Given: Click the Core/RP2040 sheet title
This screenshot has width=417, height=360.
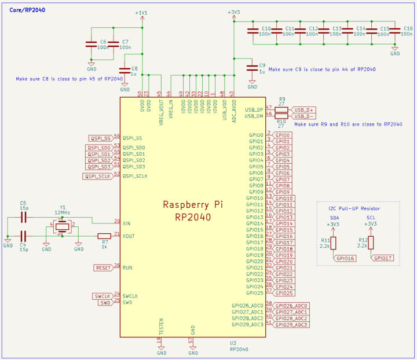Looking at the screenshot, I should (x=25, y=10).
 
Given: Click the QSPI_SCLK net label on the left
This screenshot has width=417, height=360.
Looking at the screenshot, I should (x=98, y=177).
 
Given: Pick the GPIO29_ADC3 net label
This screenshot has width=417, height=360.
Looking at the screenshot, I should (x=291, y=325).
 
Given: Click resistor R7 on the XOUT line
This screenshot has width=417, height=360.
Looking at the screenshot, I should (x=104, y=236).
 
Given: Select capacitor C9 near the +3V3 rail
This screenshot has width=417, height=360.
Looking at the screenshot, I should (x=252, y=67).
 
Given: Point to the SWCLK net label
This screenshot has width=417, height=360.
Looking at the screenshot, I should (x=102, y=296).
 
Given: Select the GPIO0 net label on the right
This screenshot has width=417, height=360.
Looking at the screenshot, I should (x=283, y=135).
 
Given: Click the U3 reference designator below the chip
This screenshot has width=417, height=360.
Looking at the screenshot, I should (x=233, y=343).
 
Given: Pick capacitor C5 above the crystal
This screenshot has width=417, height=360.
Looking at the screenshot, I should (x=24, y=217).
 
